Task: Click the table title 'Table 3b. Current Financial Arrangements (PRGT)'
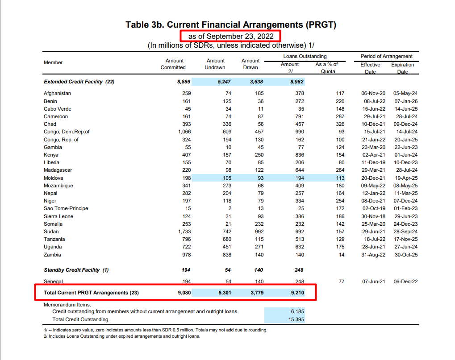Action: click(230, 25)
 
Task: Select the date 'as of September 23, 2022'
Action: click(230, 36)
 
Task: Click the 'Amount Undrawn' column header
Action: click(215, 64)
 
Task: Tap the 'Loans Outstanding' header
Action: click(305, 56)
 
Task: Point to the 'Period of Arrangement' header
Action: click(387, 56)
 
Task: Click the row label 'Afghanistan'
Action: click(57, 93)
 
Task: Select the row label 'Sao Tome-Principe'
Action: click(66, 208)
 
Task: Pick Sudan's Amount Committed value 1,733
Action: click(184, 232)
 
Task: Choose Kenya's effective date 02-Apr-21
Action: click(373, 155)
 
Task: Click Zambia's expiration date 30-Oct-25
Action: click(405, 255)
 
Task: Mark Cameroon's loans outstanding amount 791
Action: click(299, 116)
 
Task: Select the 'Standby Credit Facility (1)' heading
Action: click(76, 270)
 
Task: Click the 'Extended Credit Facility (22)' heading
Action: click(79, 82)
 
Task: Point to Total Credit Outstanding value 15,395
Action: click(296, 319)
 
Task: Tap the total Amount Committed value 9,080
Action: click(184, 293)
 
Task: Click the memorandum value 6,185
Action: click(297, 311)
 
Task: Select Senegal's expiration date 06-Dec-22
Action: click(405, 281)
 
